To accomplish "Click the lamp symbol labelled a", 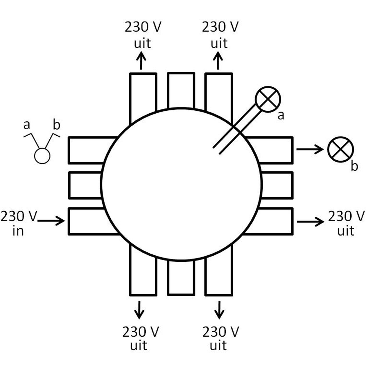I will pos(268,99).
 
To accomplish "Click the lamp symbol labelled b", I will pos(340,149).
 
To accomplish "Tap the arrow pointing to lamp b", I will pos(310,149).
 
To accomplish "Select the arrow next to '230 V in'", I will pos(51,221).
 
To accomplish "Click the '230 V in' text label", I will pos(19,223).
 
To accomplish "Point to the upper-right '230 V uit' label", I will pos(220,35).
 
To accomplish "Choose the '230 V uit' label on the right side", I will pos(346,223).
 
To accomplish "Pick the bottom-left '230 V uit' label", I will pos(140,338).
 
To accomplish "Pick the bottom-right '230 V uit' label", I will pos(220,338).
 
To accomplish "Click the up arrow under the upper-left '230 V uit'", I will pos(141,60).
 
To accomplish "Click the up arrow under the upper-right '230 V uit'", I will pos(218,60).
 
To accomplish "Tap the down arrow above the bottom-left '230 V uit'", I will pos(139,310).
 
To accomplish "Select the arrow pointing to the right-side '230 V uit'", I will pos(310,222).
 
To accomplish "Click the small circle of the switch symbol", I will pos(42,156).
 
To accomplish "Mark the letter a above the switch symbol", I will pos(26,125).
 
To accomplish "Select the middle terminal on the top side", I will pos(181,90).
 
